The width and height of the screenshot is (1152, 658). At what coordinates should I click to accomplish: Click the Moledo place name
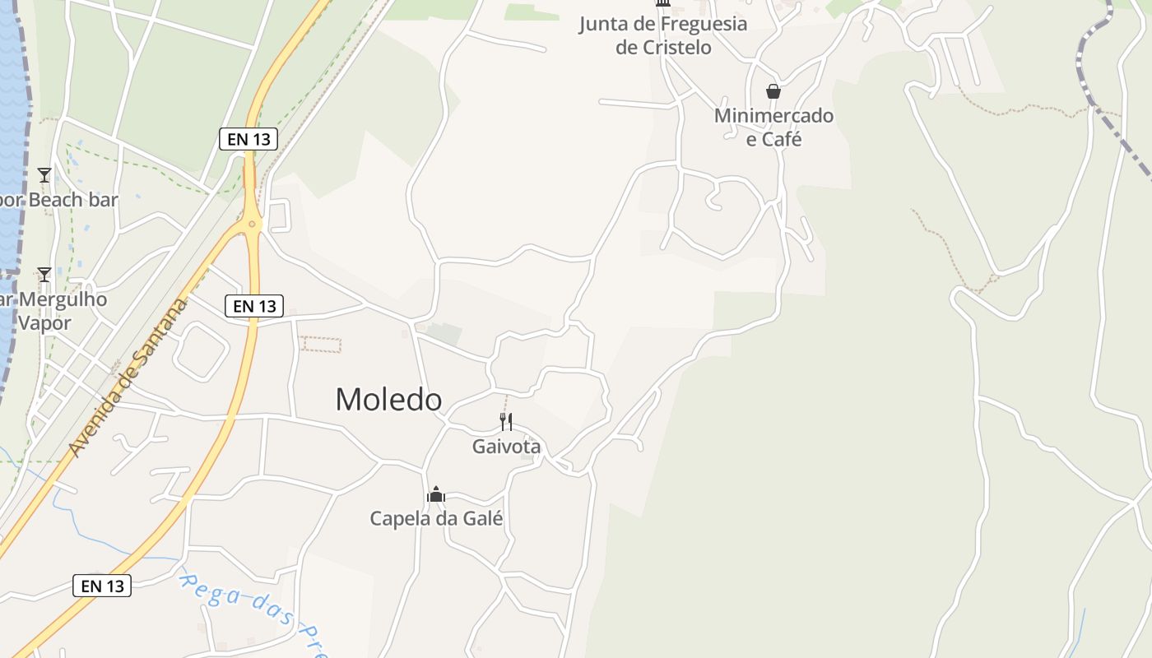pos(388,400)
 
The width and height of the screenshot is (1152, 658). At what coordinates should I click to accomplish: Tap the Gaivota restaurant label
pos(506,447)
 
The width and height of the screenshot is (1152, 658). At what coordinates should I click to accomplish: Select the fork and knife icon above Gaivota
pos(506,422)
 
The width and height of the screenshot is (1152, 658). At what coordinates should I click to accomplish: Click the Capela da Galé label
pos(436,519)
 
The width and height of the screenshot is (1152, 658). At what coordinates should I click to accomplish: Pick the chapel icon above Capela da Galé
pos(436,494)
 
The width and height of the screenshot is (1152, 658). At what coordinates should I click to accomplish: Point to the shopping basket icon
pos(773,90)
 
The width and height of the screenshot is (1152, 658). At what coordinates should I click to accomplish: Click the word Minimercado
pos(773,116)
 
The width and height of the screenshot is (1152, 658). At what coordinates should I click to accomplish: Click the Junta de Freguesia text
pos(662,24)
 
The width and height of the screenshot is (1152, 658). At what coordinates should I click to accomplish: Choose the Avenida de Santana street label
pos(128,378)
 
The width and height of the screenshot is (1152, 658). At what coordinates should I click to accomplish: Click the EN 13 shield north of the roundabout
pos(249,139)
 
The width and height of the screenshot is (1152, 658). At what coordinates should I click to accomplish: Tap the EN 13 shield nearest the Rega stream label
pos(102,586)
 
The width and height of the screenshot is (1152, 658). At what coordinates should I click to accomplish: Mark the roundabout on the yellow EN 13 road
pos(252,223)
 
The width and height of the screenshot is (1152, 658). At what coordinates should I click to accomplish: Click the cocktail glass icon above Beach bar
pos(44,175)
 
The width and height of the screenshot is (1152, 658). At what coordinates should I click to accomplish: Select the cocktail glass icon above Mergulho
pos(44,275)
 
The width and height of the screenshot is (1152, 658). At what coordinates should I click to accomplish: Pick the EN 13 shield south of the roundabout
pos(254,306)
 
